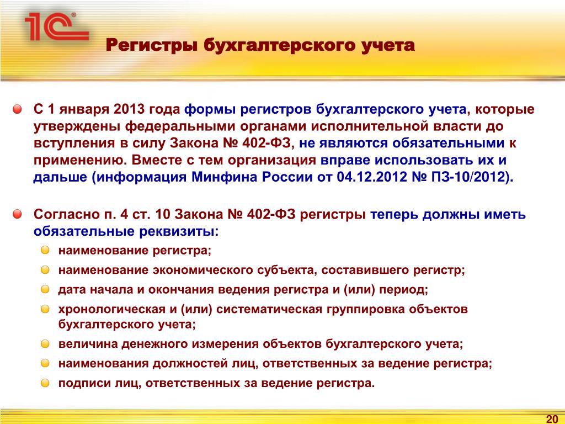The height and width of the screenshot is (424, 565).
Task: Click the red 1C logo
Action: [57, 26]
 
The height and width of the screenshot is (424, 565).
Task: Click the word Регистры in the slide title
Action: [152, 46]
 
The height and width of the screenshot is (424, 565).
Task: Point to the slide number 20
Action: [552, 419]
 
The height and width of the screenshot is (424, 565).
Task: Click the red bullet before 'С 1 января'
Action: [17, 109]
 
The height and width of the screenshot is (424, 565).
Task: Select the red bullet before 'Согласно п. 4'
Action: [17, 215]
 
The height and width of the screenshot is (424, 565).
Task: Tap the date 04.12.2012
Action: [371, 177]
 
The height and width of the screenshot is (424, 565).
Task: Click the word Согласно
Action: [67, 215]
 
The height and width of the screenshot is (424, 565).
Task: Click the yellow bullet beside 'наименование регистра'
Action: [45, 250]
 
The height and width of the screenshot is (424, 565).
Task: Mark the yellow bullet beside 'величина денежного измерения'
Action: [45, 343]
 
